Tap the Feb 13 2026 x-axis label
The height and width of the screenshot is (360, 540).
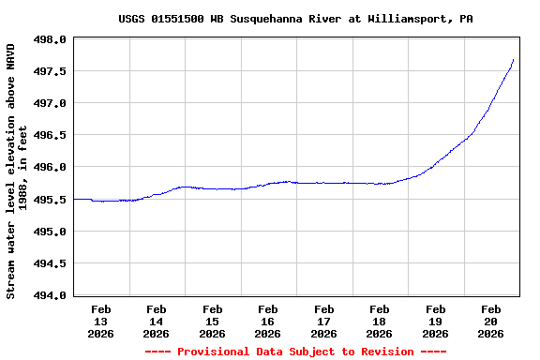(100, 321)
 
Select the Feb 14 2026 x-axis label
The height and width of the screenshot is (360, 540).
(157, 321)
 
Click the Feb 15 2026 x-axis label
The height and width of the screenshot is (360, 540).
(212, 321)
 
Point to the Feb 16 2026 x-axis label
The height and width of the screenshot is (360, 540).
(268, 321)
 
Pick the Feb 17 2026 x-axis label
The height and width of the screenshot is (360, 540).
(323, 321)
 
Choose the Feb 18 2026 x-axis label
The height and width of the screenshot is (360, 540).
(380, 321)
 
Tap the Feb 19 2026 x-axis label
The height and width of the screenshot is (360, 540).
(435, 321)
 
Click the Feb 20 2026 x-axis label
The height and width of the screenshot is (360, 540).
(491, 321)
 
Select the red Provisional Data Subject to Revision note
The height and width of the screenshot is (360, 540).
(295, 352)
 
